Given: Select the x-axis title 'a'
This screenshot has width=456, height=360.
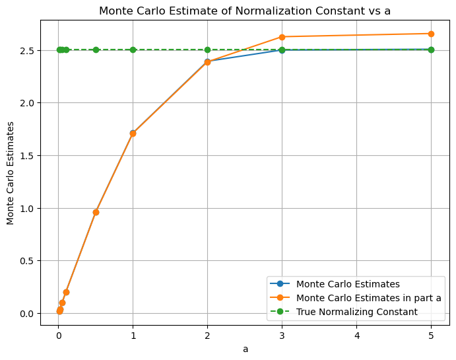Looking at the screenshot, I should coord(245,349).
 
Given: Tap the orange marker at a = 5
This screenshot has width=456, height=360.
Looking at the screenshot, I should coord(431,34).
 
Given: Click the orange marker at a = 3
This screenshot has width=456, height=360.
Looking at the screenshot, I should coord(282,37).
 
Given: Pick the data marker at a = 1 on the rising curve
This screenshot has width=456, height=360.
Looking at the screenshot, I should coord(133,133).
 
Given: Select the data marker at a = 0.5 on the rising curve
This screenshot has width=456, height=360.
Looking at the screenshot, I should coord(96,212).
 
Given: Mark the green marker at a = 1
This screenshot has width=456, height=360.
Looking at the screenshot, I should coord(133,50).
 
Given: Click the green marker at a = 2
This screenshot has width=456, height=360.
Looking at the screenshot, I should coord(207,50).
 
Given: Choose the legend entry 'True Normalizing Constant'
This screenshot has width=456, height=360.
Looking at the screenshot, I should coord(357,312).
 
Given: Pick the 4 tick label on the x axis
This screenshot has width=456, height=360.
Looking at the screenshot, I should coord(356,335).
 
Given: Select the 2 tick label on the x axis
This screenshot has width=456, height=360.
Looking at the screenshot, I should coord(207,335).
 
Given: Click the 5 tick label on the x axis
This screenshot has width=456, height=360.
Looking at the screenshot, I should coord(431,335).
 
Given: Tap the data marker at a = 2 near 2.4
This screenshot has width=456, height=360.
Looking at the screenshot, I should coord(207,62).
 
